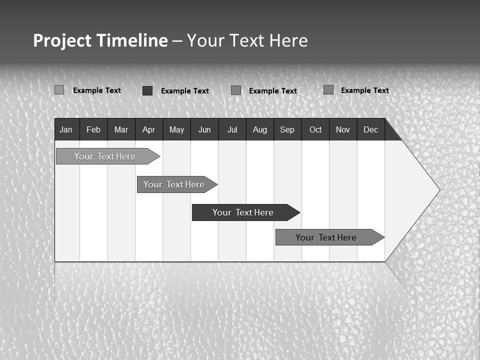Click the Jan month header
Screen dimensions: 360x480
point(66,129)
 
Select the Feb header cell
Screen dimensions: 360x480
point(93,129)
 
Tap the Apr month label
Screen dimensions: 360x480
point(148,129)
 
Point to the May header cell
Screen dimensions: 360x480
point(176,129)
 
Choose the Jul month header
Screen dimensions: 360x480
point(232,129)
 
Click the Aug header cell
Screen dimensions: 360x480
point(260,129)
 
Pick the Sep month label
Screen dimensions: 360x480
point(287,129)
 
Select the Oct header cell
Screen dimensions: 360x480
point(315,129)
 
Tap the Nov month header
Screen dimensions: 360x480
point(343,129)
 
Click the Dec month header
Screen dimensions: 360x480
point(370,129)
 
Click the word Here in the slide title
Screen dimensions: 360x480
point(288,40)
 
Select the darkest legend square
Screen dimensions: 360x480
point(147,90)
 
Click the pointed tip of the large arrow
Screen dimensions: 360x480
point(439,190)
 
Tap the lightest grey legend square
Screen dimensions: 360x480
point(59,90)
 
